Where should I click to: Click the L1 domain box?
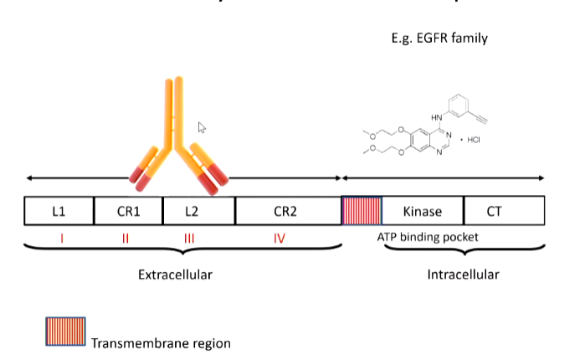59,211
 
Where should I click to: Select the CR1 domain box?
128,211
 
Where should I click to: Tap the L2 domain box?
198,211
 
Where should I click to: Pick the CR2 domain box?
288,211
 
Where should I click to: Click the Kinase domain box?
423,211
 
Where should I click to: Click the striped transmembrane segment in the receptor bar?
362,210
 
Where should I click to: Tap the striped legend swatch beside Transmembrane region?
64,332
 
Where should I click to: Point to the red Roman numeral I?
62,239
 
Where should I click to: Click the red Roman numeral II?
126,239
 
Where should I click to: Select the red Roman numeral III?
189,239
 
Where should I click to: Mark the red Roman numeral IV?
280,239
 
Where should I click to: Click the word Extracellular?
175,275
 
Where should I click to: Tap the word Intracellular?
463,275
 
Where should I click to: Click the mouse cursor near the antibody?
201,128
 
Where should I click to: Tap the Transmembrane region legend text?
160,343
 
